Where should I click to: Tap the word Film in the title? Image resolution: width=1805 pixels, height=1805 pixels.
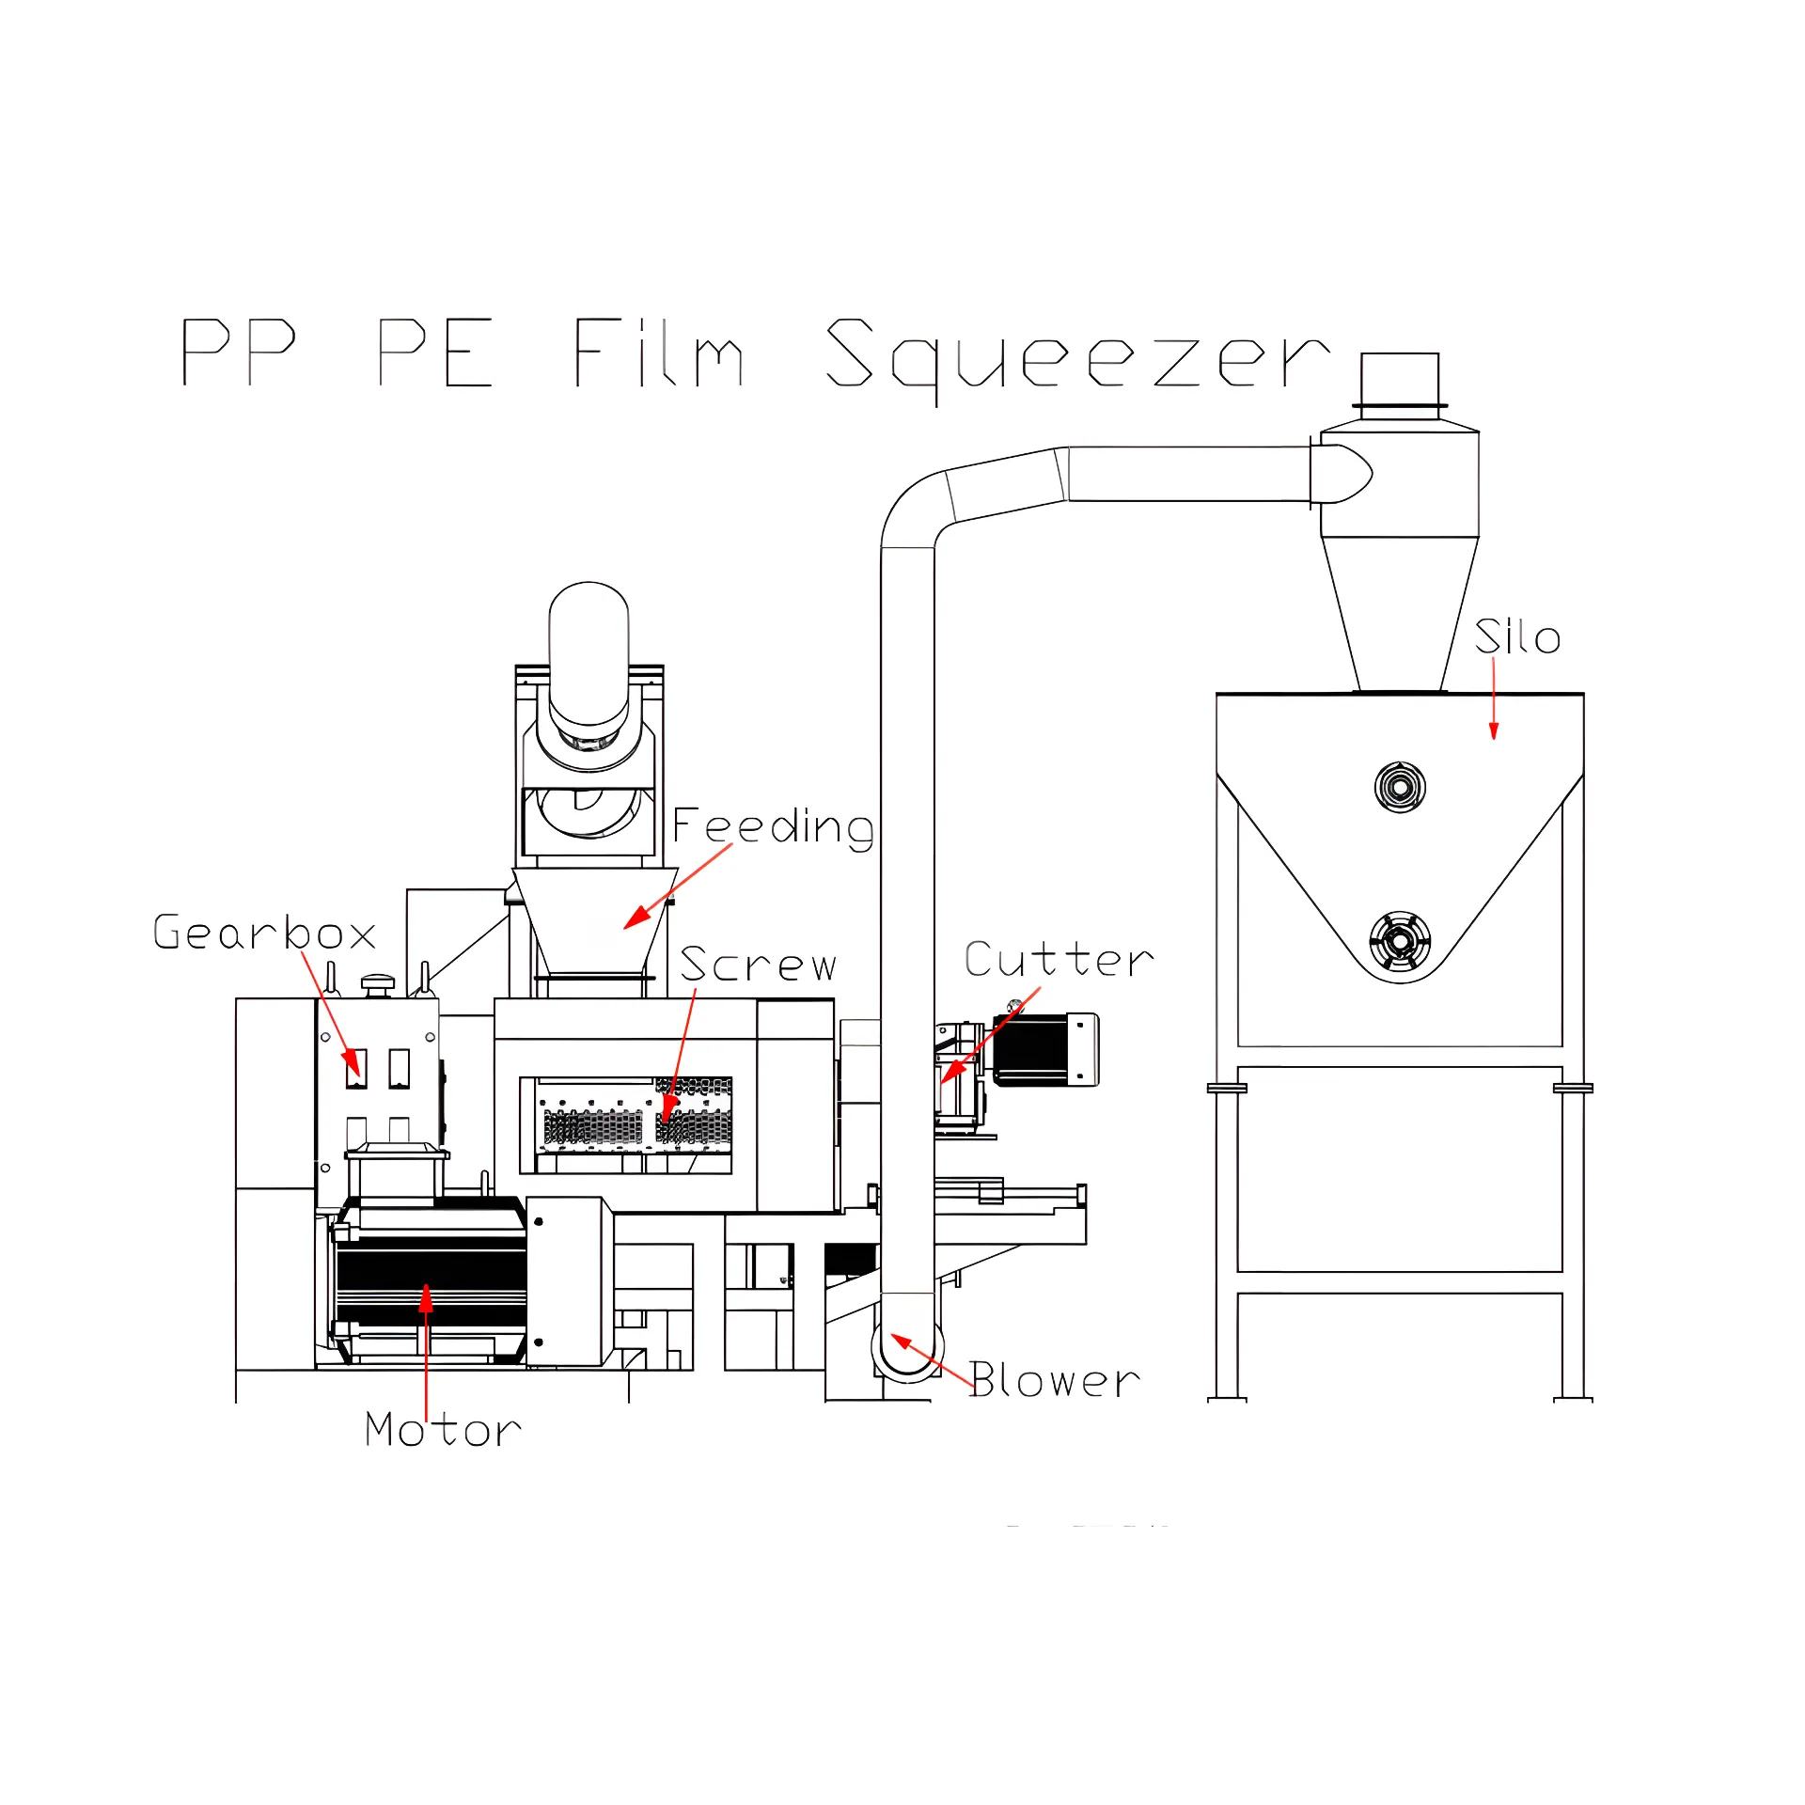pyautogui.click(x=659, y=353)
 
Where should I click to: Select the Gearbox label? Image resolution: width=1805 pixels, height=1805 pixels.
pyautogui.click(x=264, y=933)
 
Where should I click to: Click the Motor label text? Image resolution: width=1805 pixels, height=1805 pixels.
pyautogui.click(x=443, y=1430)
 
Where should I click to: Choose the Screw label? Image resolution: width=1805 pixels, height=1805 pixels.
pyautogui.click(x=758, y=965)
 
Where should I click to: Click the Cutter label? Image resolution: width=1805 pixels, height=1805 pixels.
pyautogui.click(x=1059, y=960)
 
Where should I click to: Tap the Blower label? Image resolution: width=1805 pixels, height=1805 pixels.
pyautogui.click(x=1055, y=1380)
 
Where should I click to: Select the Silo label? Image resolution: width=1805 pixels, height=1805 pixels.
pyautogui.click(x=1517, y=636)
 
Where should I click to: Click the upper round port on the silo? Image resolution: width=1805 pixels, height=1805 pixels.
pyautogui.click(x=1400, y=787)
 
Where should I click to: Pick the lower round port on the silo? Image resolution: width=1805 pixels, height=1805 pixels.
pyautogui.click(x=1400, y=940)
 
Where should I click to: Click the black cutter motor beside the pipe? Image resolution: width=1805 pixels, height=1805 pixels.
pyautogui.click(x=1046, y=1049)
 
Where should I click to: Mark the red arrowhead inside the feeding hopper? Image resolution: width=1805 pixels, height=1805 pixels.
pyautogui.click(x=636, y=917)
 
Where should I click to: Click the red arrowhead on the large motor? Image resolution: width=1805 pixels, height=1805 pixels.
pyautogui.click(x=426, y=1297)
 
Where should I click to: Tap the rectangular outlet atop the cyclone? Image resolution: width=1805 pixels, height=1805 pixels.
pyautogui.click(x=1400, y=380)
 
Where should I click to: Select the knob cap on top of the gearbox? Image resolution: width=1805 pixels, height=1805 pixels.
pyautogui.click(x=378, y=983)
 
